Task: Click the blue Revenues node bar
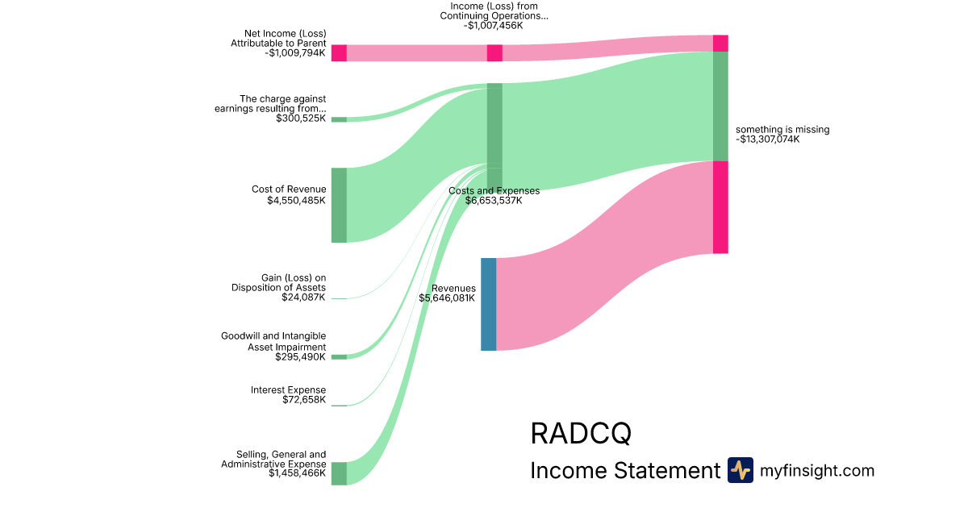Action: click(x=488, y=304)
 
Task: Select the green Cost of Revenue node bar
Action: click(x=339, y=205)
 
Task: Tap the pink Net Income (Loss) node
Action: click(x=339, y=53)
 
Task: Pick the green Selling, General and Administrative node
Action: click(x=339, y=473)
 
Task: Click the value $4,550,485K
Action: click(x=296, y=201)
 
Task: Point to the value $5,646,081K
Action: click(x=447, y=298)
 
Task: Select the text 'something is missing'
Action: click(x=782, y=129)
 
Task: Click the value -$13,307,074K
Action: click(x=767, y=139)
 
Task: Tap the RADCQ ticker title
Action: click(x=580, y=433)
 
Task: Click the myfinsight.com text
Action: click(x=817, y=471)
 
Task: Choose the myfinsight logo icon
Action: click(x=740, y=470)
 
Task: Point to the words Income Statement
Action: click(x=624, y=471)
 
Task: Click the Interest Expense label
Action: click(x=288, y=389)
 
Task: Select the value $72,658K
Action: click(x=303, y=400)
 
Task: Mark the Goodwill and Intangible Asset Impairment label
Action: click(x=273, y=341)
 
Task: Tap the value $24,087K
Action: click(x=303, y=298)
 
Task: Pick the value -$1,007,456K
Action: click(x=493, y=26)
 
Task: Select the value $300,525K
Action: click(x=300, y=119)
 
